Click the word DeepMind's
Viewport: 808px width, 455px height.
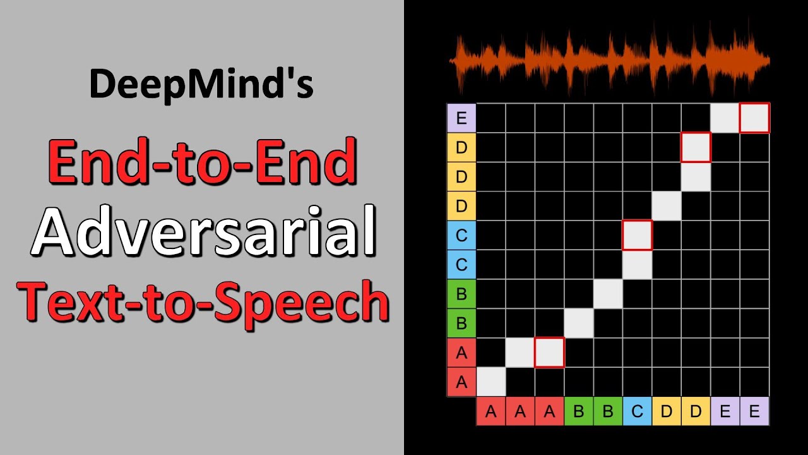point(201,84)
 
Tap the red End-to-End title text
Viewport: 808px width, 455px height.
point(202,162)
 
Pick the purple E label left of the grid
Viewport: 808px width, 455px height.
point(461,118)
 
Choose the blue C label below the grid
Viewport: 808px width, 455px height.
point(637,412)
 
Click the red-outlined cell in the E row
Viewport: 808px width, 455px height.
point(754,118)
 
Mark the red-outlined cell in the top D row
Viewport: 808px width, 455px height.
point(696,147)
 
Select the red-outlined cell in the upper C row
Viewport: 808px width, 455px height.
point(637,235)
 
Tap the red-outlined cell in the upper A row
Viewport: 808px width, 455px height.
point(549,353)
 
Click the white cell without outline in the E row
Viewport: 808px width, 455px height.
point(725,118)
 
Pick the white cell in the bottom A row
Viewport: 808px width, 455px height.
point(490,382)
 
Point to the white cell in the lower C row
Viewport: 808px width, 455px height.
point(637,265)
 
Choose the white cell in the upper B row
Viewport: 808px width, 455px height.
point(608,294)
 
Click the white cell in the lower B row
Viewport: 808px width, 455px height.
point(578,323)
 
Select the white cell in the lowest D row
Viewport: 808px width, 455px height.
point(667,206)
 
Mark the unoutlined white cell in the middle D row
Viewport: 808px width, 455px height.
point(696,177)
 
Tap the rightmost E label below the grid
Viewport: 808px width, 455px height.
point(754,412)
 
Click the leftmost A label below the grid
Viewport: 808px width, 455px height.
point(490,412)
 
